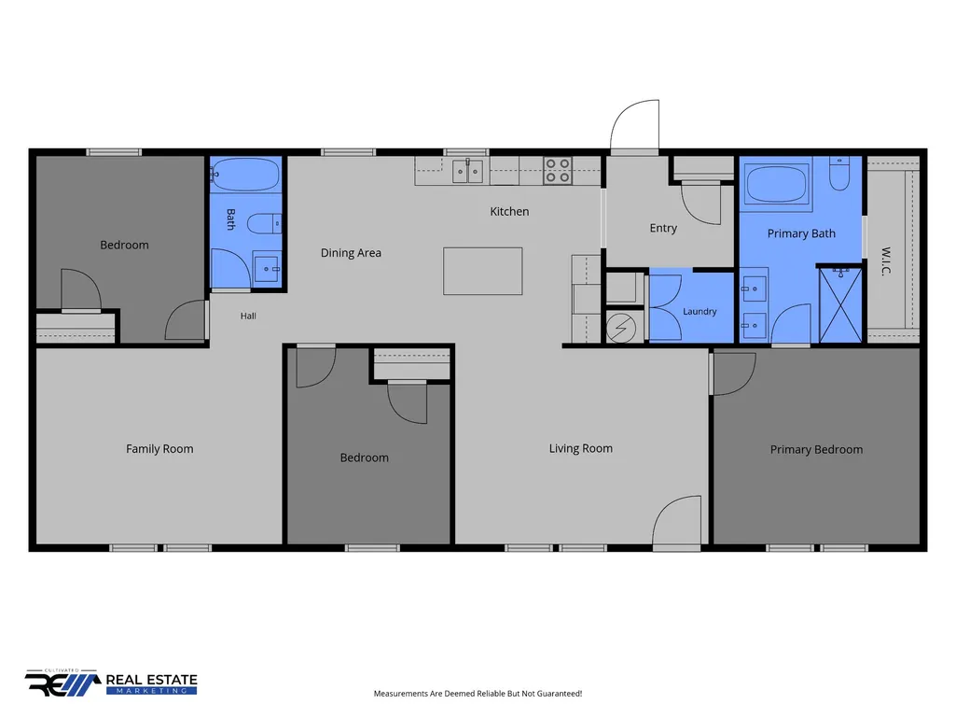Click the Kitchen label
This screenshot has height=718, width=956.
509,211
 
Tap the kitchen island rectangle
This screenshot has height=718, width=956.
482,271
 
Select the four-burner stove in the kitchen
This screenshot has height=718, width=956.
557,170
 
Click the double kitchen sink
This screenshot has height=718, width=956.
467,170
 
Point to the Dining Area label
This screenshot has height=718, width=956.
351,253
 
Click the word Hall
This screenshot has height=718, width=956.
248,316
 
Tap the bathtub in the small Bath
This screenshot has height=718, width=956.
245,175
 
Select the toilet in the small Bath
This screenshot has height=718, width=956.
264,223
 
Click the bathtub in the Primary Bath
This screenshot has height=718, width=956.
776,184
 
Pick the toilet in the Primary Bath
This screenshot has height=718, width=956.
839,174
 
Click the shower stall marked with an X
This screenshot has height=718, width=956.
840,304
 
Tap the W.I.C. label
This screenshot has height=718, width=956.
886,261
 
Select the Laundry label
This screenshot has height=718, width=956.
700,311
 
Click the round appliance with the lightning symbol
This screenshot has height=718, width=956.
621,329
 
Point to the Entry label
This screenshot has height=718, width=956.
663,228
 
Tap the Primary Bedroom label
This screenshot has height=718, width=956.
816,449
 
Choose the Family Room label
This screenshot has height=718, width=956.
159,449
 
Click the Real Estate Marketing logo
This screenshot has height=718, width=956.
111,683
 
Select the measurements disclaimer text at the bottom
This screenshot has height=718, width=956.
478,694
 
